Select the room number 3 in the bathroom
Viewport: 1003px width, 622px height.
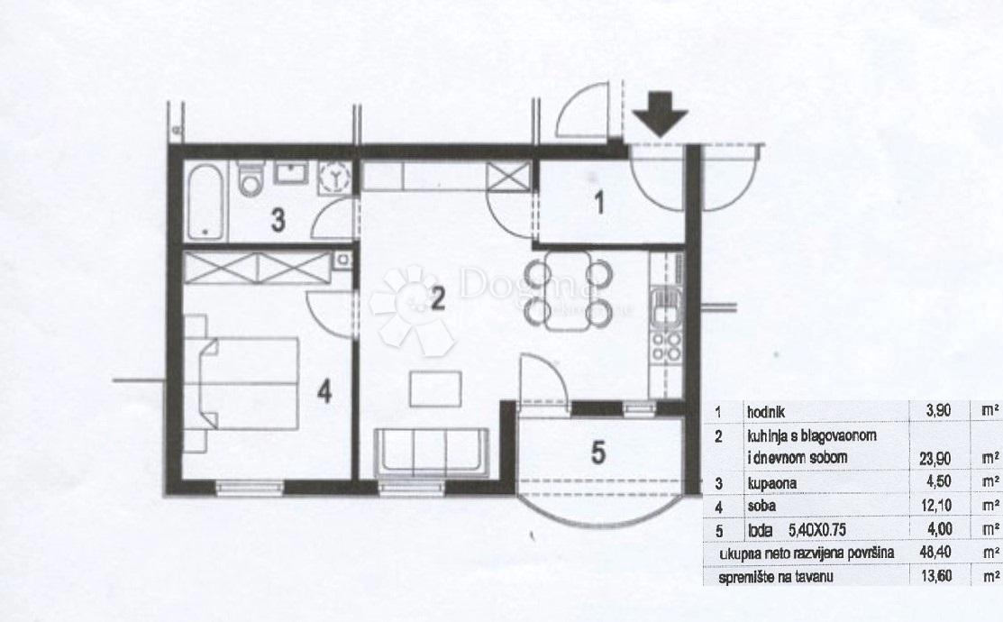pos(280,221)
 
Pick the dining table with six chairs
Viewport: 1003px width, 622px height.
pos(570,290)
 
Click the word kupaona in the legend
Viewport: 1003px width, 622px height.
pos(770,482)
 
